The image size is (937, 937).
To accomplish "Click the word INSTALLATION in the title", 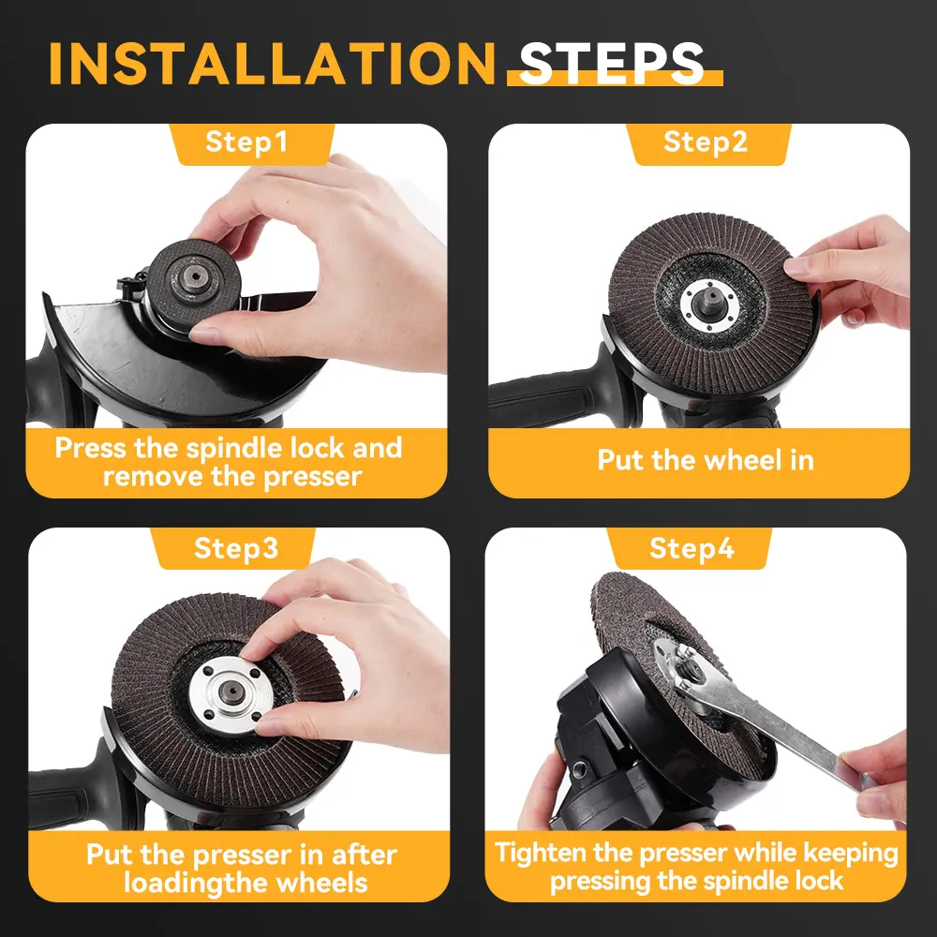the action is (272, 64).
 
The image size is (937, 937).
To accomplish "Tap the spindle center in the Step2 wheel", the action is (710, 303).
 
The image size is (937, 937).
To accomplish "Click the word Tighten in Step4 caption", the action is (541, 854).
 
